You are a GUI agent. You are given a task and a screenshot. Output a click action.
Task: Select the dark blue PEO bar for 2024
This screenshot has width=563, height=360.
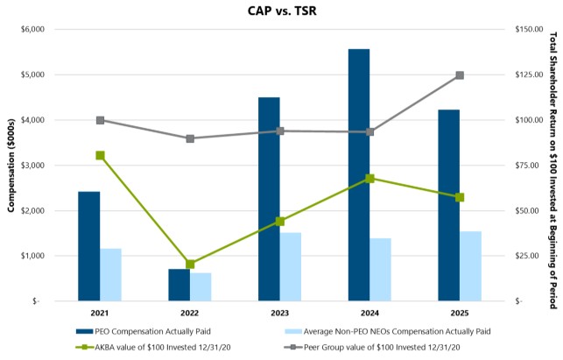pyautogui.click(x=359, y=175)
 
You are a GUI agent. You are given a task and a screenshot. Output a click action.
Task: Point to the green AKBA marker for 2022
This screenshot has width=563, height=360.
pyautogui.click(x=190, y=264)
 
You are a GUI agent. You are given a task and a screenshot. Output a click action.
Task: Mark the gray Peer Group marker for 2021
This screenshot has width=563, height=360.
pyautogui.click(x=100, y=120)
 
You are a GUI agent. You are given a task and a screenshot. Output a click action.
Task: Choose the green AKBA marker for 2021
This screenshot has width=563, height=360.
pyautogui.click(x=100, y=155)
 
